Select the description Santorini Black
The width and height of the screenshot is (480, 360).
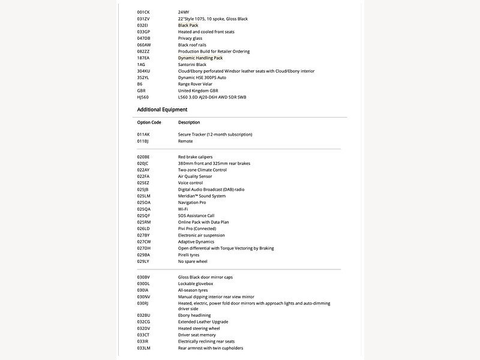(x=192, y=64)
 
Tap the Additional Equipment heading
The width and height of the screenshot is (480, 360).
(x=162, y=110)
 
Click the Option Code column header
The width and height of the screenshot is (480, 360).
(x=149, y=122)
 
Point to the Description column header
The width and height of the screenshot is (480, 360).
(x=189, y=122)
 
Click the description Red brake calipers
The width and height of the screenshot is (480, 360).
(x=196, y=157)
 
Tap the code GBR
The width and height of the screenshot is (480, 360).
(x=142, y=91)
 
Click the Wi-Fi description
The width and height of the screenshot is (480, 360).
(x=183, y=209)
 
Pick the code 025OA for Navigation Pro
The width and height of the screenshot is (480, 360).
(x=143, y=202)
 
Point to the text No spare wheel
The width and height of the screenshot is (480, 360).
(x=193, y=262)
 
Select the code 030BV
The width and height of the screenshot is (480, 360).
(x=143, y=277)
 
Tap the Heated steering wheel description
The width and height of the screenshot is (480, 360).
(x=199, y=328)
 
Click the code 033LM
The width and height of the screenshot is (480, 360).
(x=143, y=348)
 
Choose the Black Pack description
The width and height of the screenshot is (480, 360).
(x=190, y=25)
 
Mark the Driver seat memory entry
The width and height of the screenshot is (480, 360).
(x=197, y=335)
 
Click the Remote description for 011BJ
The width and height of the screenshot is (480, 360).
(x=185, y=141)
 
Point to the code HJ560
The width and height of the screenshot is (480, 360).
(x=143, y=97)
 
